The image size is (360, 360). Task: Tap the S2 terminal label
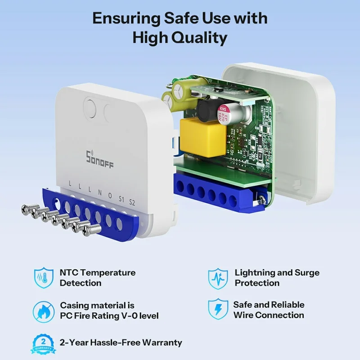pos(132,201)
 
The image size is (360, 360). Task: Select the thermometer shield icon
pos(43,278)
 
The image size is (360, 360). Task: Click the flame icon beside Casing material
pos(43,310)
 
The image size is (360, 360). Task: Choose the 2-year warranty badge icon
pos(43,343)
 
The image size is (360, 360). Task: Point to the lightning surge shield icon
pos(217,278)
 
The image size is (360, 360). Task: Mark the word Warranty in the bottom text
pos(160,342)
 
